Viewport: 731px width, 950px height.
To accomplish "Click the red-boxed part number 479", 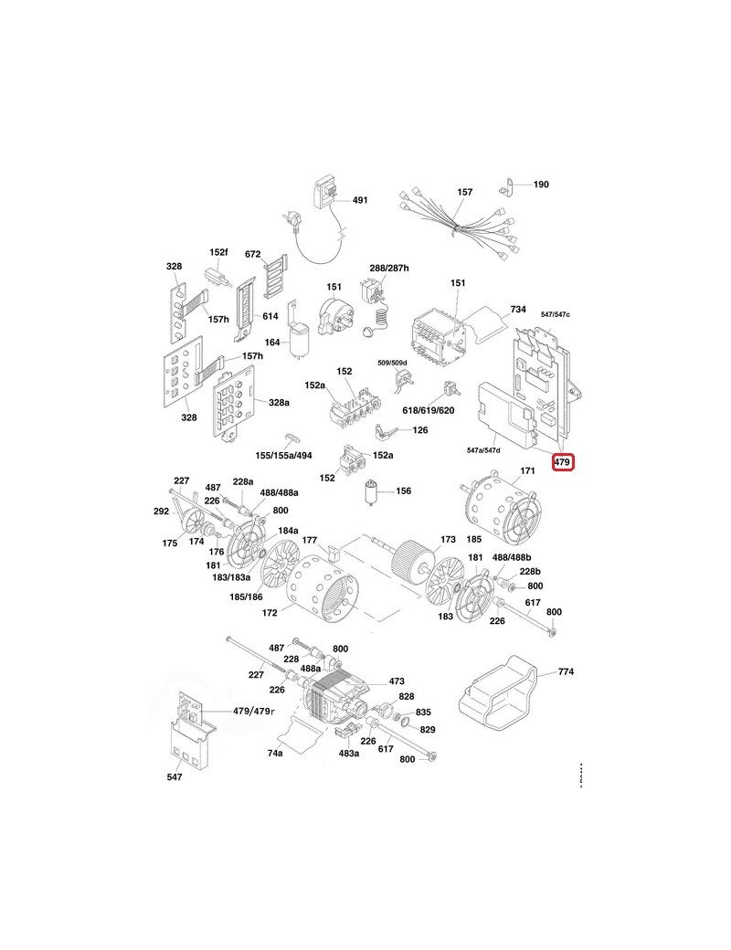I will click(x=563, y=463).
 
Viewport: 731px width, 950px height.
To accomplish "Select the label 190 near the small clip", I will click(x=540, y=185).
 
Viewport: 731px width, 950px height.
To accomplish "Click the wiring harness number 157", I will click(x=465, y=193).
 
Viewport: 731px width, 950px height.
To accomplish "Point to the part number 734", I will click(x=518, y=311).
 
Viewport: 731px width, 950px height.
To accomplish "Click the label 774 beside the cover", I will click(x=566, y=672).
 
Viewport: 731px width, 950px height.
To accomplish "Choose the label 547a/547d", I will click(x=483, y=450).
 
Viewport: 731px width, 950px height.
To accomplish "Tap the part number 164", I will click(x=272, y=343).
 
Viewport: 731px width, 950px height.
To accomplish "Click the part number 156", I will click(x=402, y=491).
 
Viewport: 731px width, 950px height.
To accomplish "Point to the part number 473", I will click(x=397, y=681).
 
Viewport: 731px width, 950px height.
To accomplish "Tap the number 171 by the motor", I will click(x=526, y=472).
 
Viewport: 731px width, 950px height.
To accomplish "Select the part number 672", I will click(x=253, y=254).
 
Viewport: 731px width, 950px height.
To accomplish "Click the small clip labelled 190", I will click(x=505, y=188).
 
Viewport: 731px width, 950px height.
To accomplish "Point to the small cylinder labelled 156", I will click(x=371, y=491).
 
